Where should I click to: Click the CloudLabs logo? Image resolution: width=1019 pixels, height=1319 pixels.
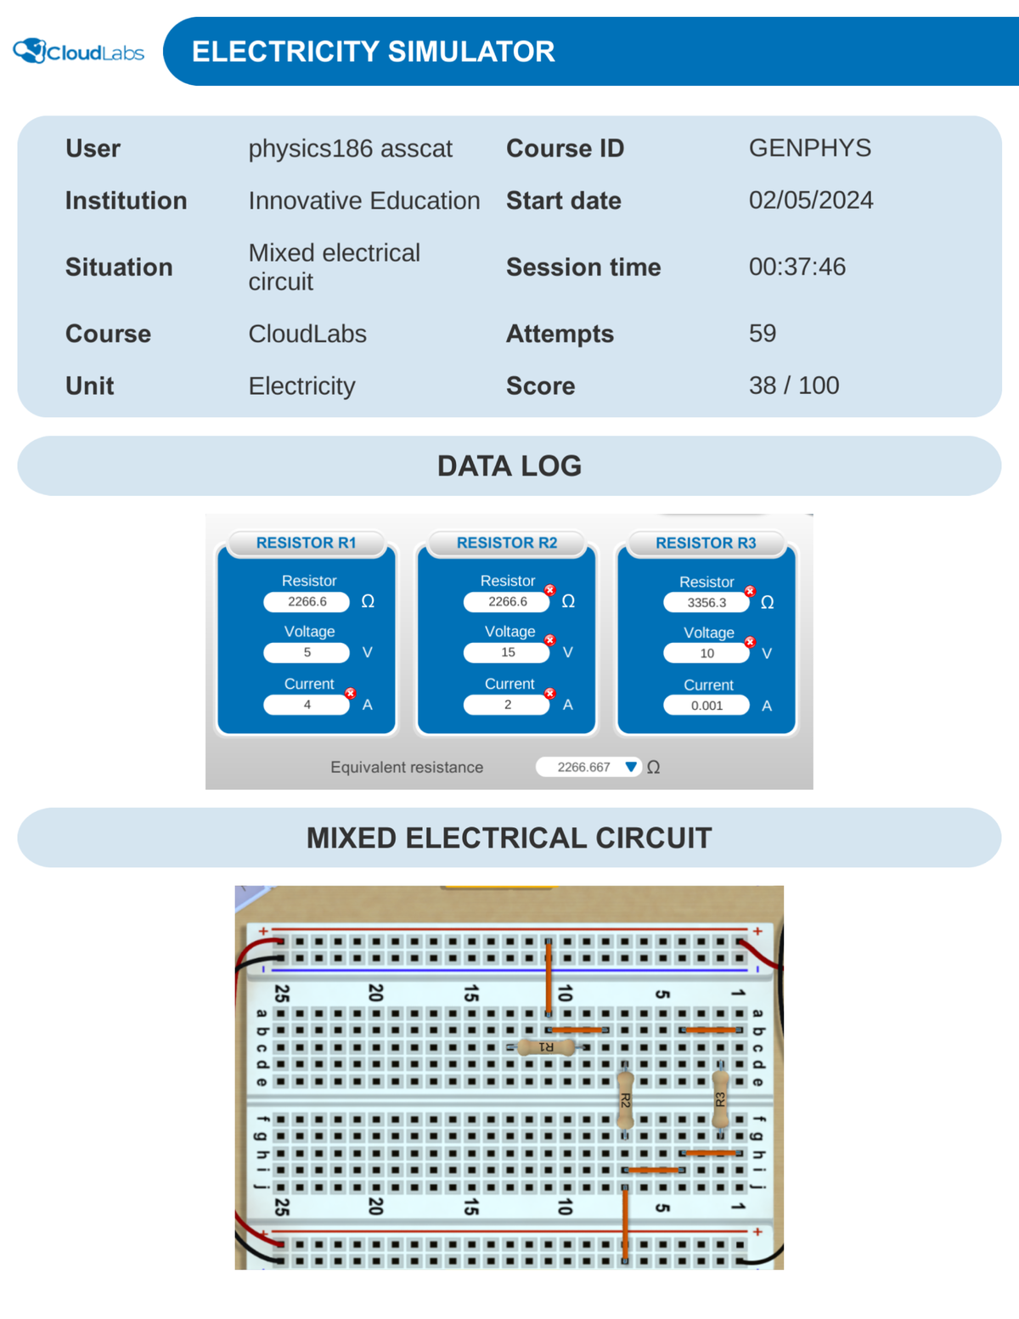pos(78,52)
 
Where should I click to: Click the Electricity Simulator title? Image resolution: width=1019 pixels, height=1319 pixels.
pos(373,52)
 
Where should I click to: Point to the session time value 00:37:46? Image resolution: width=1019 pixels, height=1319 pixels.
pos(797,267)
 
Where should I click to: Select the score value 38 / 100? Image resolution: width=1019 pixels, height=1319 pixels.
pos(793,386)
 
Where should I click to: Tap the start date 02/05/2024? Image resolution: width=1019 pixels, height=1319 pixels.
pos(810,200)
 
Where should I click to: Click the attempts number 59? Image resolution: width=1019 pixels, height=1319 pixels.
pos(762,333)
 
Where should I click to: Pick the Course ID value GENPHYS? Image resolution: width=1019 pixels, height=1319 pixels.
pos(809,148)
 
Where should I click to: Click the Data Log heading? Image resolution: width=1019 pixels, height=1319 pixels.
pos(509,466)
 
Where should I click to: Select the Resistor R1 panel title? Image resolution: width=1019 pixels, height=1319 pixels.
pos(306,543)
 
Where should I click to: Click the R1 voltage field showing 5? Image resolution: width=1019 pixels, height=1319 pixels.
pos(307,652)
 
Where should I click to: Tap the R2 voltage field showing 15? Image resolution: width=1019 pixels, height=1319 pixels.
pos(507,652)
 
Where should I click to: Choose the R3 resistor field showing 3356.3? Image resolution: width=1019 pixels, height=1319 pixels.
pos(707,602)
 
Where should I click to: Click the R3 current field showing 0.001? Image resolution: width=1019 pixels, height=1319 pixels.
pos(707,706)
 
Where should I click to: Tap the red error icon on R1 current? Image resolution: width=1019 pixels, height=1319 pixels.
pos(350,694)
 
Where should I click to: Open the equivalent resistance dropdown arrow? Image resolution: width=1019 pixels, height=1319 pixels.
pos(630,767)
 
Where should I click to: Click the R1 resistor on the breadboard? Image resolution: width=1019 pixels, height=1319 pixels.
pos(546,1047)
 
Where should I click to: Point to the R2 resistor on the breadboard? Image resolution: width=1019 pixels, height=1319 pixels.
pos(625,1100)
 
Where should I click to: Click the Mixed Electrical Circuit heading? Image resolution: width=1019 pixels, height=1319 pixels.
pos(509,838)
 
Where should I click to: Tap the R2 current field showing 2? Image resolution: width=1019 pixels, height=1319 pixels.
pos(507,705)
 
